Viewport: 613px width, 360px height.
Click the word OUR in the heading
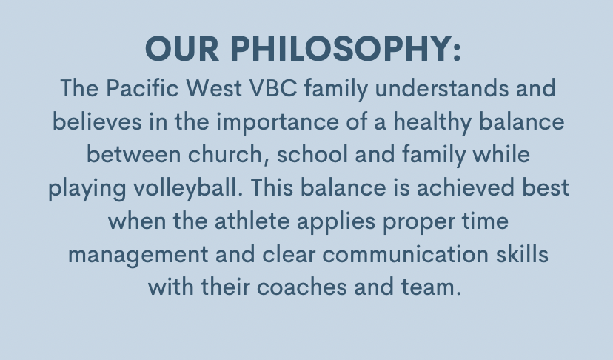tap(182, 49)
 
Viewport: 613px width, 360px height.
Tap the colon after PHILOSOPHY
tap(457, 52)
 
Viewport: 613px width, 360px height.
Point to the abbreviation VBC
tap(273, 87)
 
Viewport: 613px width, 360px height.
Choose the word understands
tap(442, 87)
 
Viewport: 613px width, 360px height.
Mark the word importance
tap(278, 122)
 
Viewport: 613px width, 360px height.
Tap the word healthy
tap(432, 122)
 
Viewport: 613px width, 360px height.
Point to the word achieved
tap(465, 187)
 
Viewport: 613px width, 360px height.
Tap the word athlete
tap(252, 220)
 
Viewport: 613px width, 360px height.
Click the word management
tap(138, 255)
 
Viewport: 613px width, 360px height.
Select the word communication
tap(405, 253)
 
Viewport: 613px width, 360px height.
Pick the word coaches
tap(301, 287)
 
